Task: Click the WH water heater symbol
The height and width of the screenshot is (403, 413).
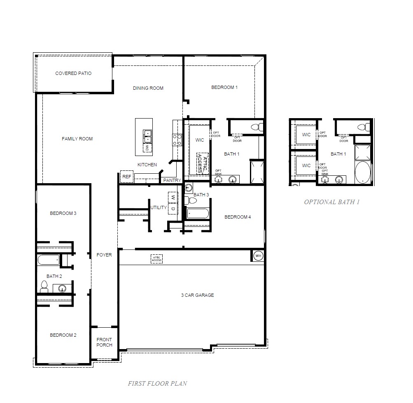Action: pyautogui.click(x=258, y=256)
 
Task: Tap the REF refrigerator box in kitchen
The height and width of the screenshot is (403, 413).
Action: pyautogui.click(x=126, y=177)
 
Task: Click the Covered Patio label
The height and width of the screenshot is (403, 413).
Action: pyautogui.click(x=73, y=73)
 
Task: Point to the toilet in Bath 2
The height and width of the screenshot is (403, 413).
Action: pyautogui.click(x=44, y=287)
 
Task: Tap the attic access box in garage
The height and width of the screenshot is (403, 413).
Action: pyautogui.click(x=157, y=259)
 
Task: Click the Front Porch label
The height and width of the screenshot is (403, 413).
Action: pyautogui.click(x=104, y=342)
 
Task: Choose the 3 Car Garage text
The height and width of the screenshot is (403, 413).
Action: pyautogui.click(x=197, y=295)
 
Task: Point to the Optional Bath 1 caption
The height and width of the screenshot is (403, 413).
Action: pyautogui.click(x=332, y=202)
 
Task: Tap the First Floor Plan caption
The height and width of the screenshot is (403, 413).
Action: pyautogui.click(x=157, y=383)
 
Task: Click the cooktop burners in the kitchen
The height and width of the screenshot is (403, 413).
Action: pyautogui.click(x=177, y=140)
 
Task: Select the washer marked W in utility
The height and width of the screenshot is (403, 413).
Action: pyautogui.click(x=173, y=198)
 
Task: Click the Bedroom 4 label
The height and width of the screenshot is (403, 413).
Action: pyautogui.click(x=237, y=217)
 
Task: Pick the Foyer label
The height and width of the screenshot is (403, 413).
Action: pyautogui.click(x=104, y=255)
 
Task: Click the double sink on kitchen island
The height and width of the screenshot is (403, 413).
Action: pyautogui.click(x=147, y=133)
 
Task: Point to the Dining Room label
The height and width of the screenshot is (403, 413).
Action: pyautogui.click(x=148, y=88)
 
